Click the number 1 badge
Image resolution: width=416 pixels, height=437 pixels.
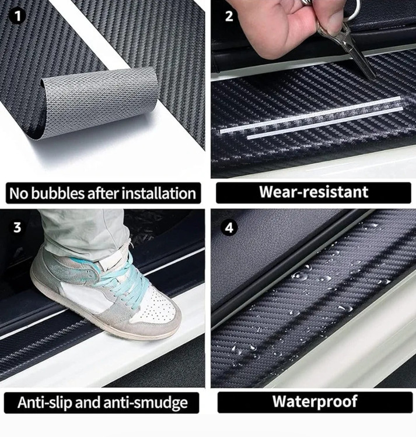(18, 16)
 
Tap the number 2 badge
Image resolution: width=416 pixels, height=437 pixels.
(229, 16)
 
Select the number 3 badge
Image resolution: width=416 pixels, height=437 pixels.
(18, 227)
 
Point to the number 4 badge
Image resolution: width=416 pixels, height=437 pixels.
(229, 227)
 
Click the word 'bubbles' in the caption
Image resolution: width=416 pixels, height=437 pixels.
(58, 193)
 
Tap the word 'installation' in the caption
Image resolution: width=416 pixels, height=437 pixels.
(159, 193)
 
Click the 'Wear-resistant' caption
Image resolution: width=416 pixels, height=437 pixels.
(313, 192)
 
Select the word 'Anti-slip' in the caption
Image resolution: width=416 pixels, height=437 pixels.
(45, 403)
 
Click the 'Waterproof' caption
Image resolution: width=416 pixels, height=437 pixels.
(314, 401)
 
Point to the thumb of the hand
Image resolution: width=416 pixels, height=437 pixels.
(330, 19)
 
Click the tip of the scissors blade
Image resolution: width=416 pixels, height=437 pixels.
(375, 79)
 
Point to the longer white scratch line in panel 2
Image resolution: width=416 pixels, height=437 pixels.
(310, 114)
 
